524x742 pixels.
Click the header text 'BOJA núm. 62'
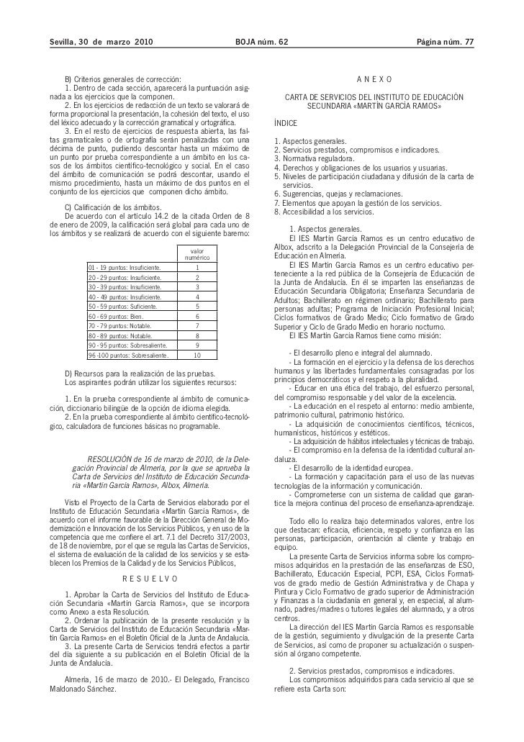pyautogui.click(x=261, y=43)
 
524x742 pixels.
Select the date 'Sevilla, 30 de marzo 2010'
pyautogui.click(x=95, y=43)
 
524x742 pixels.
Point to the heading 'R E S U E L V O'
pyautogui.click(x=150, y=579)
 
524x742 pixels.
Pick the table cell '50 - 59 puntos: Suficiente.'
pyautogui.click(x=123, y=307)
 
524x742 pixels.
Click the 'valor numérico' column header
pyautogui.click(x=196, y=254)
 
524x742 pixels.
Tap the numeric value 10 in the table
pyautogui.click(x=196, y=355)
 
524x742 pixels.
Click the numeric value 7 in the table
pyautogui.click(x=196, y=325)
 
